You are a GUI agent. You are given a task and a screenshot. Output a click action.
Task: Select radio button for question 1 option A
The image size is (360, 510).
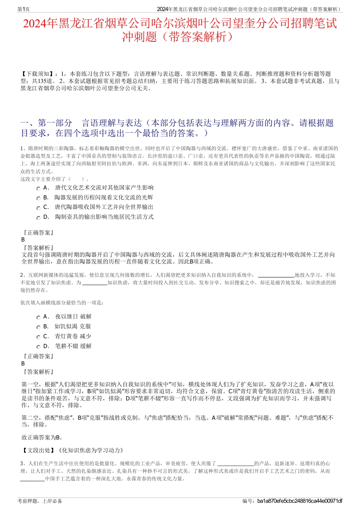(x=38, y=188)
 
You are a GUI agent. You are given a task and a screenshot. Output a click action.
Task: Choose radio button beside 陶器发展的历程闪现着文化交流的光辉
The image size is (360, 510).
(x=38, y=198)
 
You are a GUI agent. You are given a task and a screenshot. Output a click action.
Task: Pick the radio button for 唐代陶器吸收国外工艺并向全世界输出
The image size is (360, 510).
(x=38, y=208)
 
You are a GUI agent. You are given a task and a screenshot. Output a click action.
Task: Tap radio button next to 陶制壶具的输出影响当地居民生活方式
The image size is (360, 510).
(x=38, y=218)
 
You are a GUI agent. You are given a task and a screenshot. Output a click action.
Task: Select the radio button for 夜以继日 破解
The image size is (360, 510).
(x=38, y=317)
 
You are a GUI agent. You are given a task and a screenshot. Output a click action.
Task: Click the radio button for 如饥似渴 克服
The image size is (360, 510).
(x=38, y=327)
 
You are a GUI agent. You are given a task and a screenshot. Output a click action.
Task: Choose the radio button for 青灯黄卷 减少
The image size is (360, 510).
(x=38, y=337)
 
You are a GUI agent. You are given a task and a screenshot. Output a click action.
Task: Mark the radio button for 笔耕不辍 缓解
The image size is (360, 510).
(x=38, y=347)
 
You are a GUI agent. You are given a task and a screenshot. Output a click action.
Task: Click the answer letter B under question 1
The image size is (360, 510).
(x=23, y=240)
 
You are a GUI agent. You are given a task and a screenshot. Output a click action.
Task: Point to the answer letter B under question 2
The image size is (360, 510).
(x=23, y=363)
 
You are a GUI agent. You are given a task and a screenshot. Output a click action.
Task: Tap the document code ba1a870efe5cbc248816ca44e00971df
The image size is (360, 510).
(x=299, y=501)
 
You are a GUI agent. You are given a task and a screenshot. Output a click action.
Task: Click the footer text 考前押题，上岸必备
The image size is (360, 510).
(x=40, y=501)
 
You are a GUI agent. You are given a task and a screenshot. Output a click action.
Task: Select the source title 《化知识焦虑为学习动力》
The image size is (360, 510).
(x=91, y=450)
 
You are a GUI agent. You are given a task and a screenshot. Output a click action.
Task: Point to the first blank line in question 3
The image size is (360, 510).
(x=236, y=464)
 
